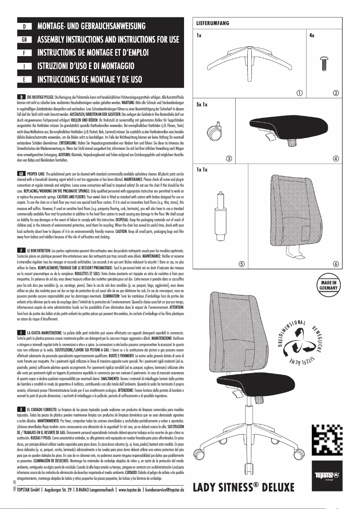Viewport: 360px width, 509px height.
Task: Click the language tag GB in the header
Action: pyautogui.click(x=24, y=39)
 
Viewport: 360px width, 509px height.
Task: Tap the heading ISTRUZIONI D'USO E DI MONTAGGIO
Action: pyautogui.click(x=86, y=66)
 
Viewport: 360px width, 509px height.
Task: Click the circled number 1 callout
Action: pyautogui.click(x=299, y=93)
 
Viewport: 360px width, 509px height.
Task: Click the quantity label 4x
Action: pyautogui.click(x=312, y=35)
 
